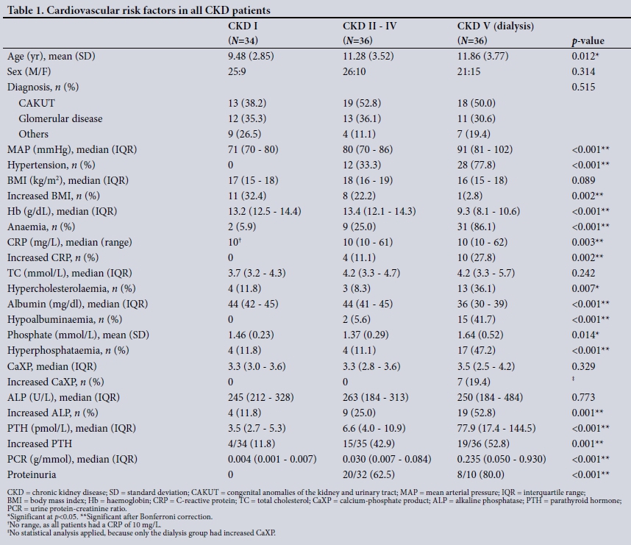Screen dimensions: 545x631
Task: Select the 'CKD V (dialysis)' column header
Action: pyautogui.click(x=495, y=26)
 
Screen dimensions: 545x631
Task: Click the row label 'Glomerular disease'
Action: pyautogui.click(x=60, y=118)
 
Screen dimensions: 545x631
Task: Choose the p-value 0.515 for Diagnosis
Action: pyautogui.click(x=583, y=88)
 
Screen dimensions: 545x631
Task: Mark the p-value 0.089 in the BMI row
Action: pyautogui.click(x=583, y=180)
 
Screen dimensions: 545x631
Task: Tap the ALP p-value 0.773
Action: pyautogui.click(x=583, y=397)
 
